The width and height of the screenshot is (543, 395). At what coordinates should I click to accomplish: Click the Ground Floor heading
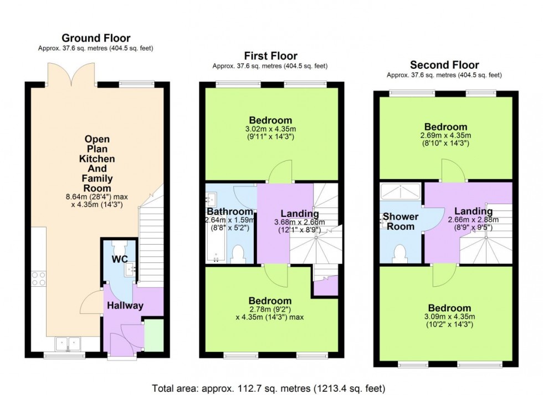(96, 38)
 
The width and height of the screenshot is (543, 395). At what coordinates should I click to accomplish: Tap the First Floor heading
(270, 55)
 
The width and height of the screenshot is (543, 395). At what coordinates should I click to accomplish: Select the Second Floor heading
(444, 65)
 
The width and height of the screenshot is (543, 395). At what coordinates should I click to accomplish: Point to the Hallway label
(125, 306)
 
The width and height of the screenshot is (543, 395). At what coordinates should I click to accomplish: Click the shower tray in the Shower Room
(401, 192)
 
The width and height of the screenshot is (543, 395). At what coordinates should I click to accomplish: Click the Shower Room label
(400, 221)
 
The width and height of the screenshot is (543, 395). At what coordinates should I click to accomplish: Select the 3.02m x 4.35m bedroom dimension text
(270, 129)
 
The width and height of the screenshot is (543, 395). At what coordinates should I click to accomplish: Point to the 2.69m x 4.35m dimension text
(445, 136)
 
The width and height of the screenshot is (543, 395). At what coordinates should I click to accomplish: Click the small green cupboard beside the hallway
(153, 335)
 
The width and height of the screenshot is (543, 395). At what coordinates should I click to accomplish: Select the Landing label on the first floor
(299, 214)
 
